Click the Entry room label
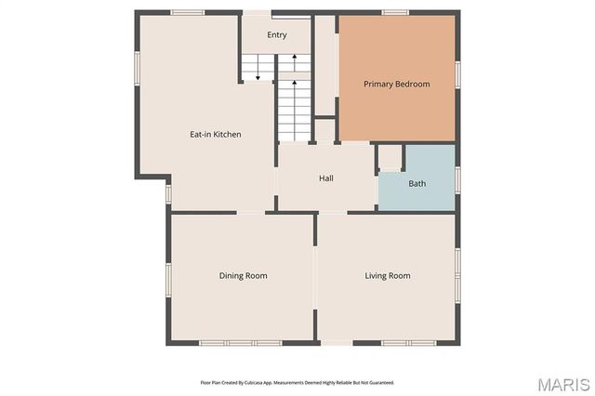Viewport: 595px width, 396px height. [277, 35]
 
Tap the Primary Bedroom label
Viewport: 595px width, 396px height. [397, 85]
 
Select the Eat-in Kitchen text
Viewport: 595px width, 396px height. [216, 135]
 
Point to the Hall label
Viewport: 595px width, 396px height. [326, 178]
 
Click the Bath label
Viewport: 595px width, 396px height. [417, 183]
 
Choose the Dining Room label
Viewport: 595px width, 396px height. [243, 275]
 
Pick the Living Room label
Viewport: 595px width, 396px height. [387, 275]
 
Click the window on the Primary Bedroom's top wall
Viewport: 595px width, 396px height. [396, 12]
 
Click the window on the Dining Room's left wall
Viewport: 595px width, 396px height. [168, 278]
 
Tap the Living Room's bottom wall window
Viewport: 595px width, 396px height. [396, 343]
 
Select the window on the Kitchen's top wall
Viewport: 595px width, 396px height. [188, 12]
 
